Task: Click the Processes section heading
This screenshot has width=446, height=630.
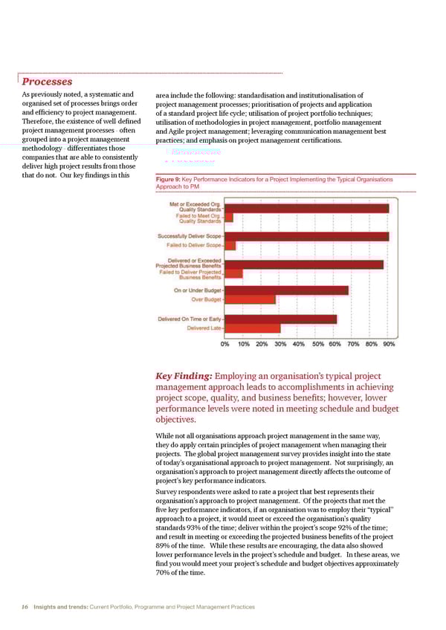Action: pyautogui.click(x=46, y=81)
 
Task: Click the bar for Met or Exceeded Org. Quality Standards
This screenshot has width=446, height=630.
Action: pyautogui.click(x=306, y=208)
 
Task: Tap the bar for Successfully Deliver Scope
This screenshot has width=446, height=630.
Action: pyautogui.click(x=306, y=236)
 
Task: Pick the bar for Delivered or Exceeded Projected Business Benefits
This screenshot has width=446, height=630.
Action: pyautogui.click(x=304, y=264)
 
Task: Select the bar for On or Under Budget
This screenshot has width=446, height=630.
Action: pyautogui.click(x=286, y=290)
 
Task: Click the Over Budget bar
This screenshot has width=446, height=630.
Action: pyautogui.click(x=250, y=299)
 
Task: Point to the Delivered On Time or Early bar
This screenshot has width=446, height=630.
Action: pyautogui.click(x=280, y=319)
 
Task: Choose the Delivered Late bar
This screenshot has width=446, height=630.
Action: pyautogui.click(x=253, y=328)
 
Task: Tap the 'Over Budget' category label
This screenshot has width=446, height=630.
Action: pyautogui.click(x=207, y=299)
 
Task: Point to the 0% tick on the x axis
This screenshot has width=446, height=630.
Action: pyautogui.click(x=224, y=344)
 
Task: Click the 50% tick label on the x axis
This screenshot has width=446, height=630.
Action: pyautogui.click(x=317, y=344)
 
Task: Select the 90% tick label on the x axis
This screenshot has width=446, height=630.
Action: pyautogui.click(x=389, y=344)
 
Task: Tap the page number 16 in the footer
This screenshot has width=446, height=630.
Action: pyautogui.click(x=25, y=607)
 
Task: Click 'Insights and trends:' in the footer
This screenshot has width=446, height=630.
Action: pyautogui.click(x=61, y=607)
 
